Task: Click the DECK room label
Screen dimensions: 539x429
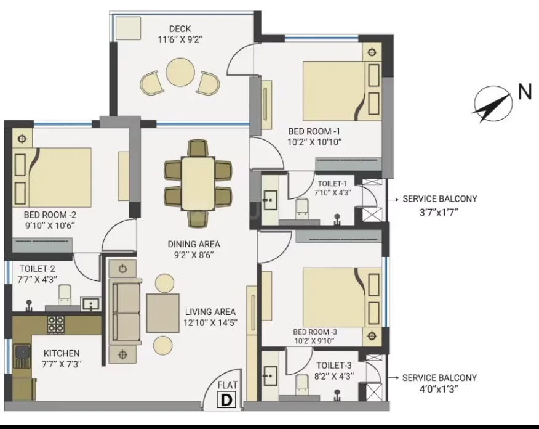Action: click(180, 28)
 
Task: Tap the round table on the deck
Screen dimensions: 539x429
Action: click(181, 72)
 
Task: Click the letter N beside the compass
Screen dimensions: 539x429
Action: click(525, 92)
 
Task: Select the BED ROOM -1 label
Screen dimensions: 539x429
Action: click(314, 131)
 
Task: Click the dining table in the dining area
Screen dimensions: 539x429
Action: click(198, 183)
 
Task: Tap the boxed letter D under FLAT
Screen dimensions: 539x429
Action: click(226, 400)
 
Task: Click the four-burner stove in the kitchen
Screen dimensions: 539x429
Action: click(55, 324)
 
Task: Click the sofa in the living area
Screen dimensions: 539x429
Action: click(125, 312)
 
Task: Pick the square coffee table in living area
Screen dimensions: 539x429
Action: click(163, 313)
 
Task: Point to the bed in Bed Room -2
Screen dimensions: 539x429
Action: click(52, 178)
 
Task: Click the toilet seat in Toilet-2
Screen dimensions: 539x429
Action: click(64, 295)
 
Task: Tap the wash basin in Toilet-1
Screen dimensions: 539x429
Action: click(270, 199)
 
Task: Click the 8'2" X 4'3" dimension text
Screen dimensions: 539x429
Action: click(334, 377)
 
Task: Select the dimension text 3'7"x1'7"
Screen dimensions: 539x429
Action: click(439, 212)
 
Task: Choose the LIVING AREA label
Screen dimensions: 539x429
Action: click(210, 312)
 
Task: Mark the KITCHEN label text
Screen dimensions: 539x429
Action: click(62, 353)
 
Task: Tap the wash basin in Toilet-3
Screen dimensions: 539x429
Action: click(270, 375)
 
